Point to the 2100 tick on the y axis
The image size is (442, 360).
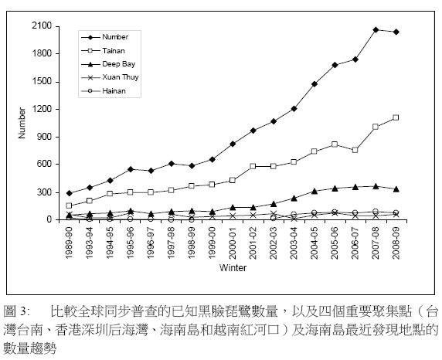[x=42, y=26]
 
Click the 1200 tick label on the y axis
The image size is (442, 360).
[x=42, y=109]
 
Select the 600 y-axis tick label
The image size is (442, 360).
[x=45, y=164]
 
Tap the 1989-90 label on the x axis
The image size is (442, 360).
[x=69, y=243]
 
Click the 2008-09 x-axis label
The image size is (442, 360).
[x=396, y=243]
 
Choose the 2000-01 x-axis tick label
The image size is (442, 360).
[x=233, y=243]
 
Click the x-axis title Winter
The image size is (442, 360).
[x=233, y=267]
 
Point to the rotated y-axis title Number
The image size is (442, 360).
[x=22, y=123]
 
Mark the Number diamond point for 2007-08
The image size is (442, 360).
[x=376, y=29]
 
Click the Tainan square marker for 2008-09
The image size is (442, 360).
[x=396, y=117]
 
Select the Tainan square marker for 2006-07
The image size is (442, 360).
[x=355, y=150]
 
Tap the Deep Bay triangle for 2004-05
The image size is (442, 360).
[x=314, y=192]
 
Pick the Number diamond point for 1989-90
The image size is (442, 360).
[x=69, y=193]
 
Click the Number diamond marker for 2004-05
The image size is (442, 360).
[x=314, y=83]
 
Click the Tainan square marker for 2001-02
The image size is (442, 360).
[x=253, y=166]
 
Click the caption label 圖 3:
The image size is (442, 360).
[x=17, y=311]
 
